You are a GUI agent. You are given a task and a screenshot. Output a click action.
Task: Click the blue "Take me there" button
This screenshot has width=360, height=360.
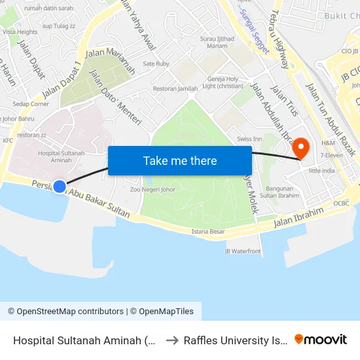(x=180, y=160)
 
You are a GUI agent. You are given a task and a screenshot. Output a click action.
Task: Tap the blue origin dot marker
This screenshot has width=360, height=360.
(x=60, y=187)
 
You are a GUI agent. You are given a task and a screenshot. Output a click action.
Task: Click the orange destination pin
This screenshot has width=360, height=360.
(x=301, y=147)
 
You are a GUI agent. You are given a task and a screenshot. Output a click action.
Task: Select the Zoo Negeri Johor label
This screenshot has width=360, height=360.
(x=153, y=189)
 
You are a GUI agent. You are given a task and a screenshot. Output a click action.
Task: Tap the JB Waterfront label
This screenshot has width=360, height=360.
(x=243, y=251)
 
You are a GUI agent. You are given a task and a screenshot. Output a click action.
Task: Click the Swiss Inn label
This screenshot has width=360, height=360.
(x=249, y=139)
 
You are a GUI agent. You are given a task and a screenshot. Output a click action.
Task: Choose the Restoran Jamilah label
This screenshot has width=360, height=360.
(x=175, y=88)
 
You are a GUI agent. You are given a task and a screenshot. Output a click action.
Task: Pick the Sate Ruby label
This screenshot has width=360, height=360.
(x=156, y=63)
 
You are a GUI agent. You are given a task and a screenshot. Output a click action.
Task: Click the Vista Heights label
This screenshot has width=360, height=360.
(x=19, y=31)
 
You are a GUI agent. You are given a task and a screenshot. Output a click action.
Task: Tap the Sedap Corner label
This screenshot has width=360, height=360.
(x=31, y=103)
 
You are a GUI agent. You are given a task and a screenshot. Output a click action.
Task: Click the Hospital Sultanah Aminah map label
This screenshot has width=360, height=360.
(x=61, y=156)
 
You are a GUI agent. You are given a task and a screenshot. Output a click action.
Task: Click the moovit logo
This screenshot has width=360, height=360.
(x=321, y=339)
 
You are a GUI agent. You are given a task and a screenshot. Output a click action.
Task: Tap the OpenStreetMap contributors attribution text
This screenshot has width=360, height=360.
(x=65, y=312)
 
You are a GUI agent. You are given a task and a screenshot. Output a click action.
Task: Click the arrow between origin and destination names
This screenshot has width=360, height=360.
(x=173, y=340)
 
